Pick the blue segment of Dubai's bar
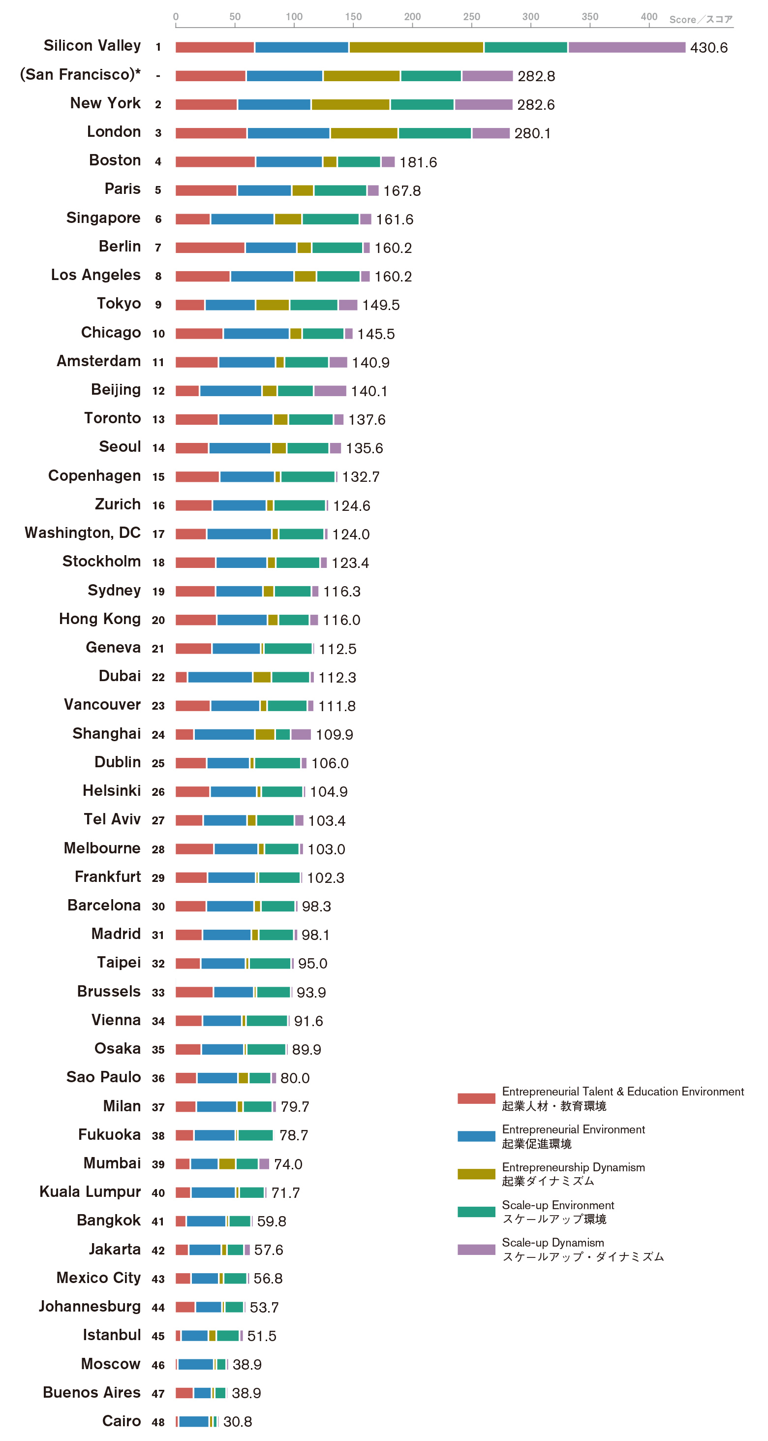(x=220, y=677)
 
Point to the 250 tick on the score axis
(x=471, y=25)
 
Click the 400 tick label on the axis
(x=649, y=17)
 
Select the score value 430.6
(x=708, y=48)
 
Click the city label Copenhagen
(x=94, y=476)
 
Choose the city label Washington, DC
(x=82, y=533)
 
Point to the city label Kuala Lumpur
(x=90, y=1192)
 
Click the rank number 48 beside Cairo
(x=158, y=1422)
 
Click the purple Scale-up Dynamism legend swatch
(x=476, y=1250)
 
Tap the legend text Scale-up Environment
(x=558, y=1205)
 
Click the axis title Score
(x=682, y=20)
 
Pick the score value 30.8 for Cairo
(x=238, y=1422)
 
